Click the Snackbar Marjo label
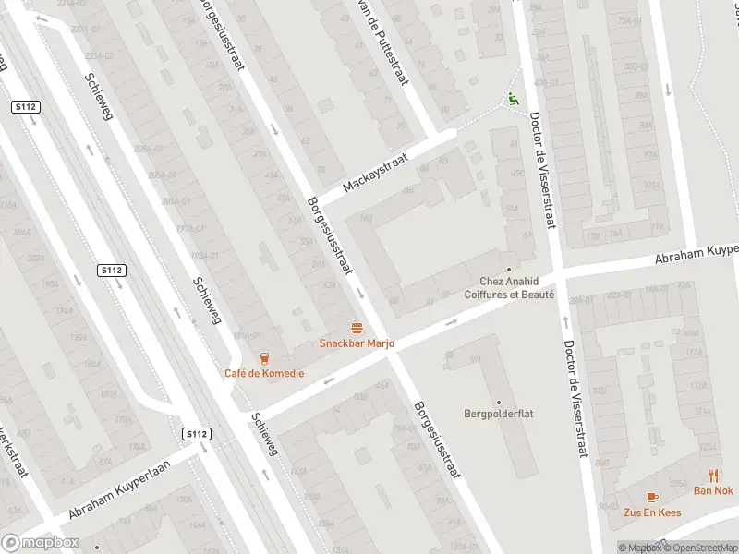pos(357,343)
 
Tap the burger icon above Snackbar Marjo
pos(357,328)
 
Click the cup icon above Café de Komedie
pos(265,358)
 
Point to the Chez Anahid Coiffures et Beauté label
pos(516,288)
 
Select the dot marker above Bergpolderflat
pos(499,402)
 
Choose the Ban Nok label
pos(713,490)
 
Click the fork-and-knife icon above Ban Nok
pos(714,476)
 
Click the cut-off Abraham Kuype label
pos(697,253)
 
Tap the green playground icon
pos(514,99)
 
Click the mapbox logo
pos(39,543)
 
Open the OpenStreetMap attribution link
pos(699,548)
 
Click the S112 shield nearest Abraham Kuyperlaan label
pos(197,434)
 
